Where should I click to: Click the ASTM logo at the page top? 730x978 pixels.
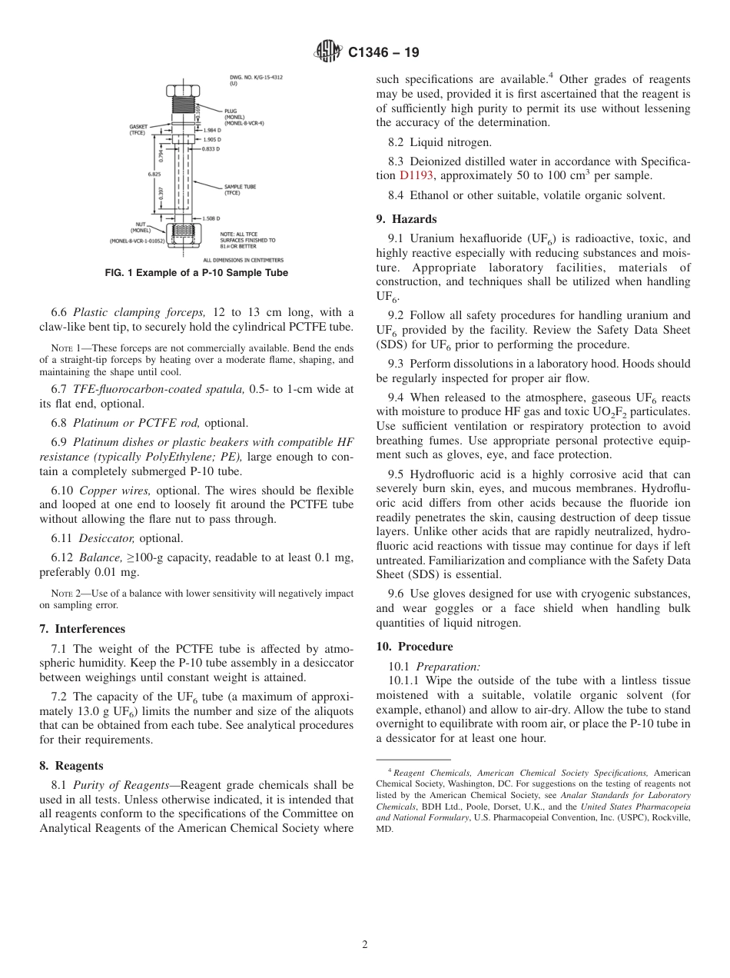(326, 52)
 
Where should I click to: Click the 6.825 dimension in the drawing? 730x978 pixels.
(154, 175)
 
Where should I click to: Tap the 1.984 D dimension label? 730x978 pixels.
(212, 131)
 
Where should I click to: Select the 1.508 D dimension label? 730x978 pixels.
(212, 218)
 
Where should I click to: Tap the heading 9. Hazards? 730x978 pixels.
(406, 219)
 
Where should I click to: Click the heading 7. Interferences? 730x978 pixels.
(82, 628)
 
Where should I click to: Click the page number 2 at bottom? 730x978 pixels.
(365, 945)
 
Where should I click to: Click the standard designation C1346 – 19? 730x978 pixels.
(383, 53)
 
